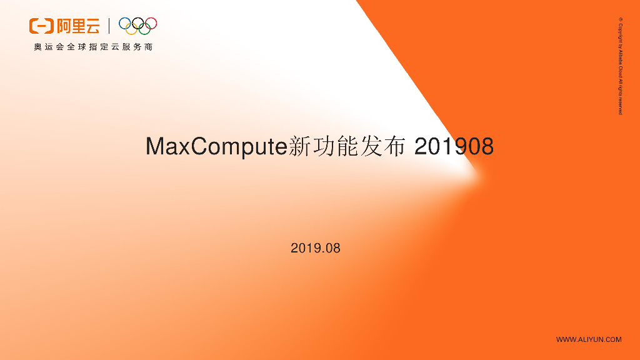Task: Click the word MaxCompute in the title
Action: [215, 147]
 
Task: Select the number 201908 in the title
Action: [454, 146]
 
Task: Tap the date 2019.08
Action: [316, 248]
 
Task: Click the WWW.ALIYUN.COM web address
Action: [589, 339]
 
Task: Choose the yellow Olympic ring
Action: [131, 29]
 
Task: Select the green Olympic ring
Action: [145, 29]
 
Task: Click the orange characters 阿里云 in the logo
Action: [77, 26]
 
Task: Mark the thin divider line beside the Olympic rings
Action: [109, 26]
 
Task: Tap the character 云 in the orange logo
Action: [92, 26]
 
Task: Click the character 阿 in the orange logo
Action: [63, 26]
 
